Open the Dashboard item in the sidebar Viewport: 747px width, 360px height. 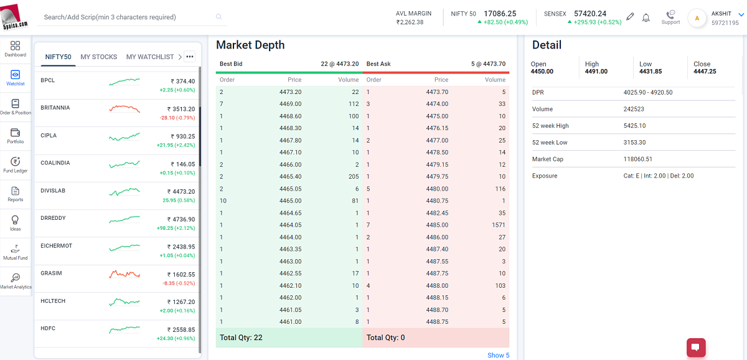[x=16, y=49]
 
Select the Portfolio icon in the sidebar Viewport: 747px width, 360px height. [x=16, y=135]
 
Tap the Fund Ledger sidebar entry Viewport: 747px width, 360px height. [x=16, y=164]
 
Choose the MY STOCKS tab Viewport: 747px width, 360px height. [x=99, y=57]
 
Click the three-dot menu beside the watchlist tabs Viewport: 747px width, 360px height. [x=190, y=57]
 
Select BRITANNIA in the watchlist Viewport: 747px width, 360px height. [x=55, y=108]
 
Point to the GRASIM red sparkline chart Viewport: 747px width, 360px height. [x=125, y=274]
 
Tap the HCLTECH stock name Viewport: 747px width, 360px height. [x=53, y=301]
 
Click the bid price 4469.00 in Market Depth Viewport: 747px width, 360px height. [x=290, y=104]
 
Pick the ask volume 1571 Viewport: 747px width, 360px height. [x=497, y=225]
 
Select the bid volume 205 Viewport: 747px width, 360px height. [x=354, y=177]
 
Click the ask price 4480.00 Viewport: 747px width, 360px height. [x=437, y=189]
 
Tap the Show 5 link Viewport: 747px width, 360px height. [x=498, y=355]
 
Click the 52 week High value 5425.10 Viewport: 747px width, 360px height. [x=635, y=126]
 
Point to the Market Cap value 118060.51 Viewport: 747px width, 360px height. [x=638, y=159]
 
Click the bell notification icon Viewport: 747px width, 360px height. [x=646, y=17]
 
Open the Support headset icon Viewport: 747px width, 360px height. [x=670, y=15]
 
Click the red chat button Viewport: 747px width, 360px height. [x=695, y=348]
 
